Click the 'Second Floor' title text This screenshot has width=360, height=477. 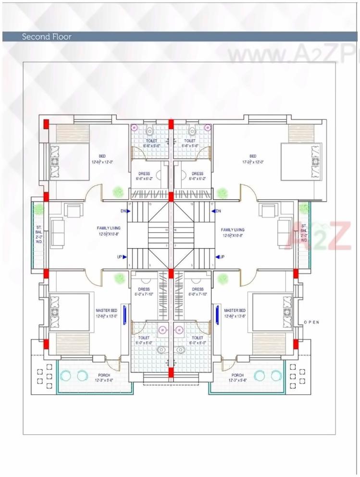(x=47, y=37)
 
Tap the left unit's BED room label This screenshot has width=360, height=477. (x=102, y=159)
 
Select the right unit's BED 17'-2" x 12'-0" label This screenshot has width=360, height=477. (x=253, y=159)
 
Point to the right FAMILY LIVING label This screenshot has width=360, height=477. (x=233, y=232)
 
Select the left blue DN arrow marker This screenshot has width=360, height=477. (x=125, y=211)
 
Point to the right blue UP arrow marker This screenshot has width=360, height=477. (x=219, y=257)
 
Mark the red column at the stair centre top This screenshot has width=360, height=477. (x=170, y=196)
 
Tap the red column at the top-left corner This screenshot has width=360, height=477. (x=46, y=124)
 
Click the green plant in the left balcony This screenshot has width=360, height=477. (x=39, y=209)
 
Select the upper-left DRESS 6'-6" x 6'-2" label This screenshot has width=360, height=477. (x=144, y=176)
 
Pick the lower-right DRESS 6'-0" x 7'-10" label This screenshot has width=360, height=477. (x=198, y=292)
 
